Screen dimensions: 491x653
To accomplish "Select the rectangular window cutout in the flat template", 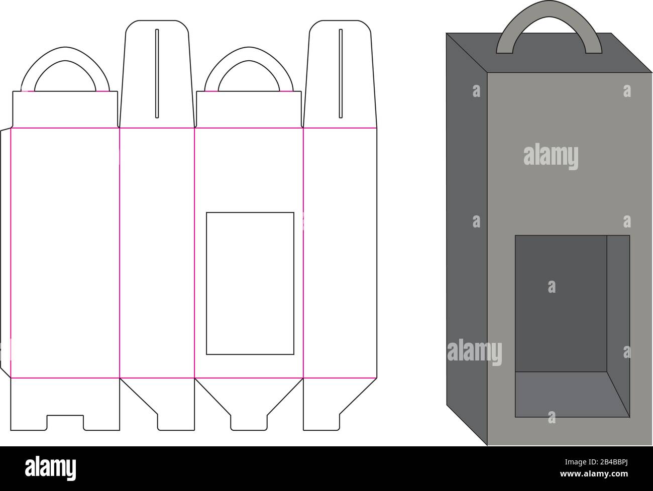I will (250, 283).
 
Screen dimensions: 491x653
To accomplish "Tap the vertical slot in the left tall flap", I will (157, 73).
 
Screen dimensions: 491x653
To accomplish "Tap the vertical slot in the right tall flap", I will (341, 73).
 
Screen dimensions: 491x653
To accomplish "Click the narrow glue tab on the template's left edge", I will (5, 251).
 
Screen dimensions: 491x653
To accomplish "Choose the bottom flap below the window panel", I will (249, 402).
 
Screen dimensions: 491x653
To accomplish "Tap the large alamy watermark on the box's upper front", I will (551, 156).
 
